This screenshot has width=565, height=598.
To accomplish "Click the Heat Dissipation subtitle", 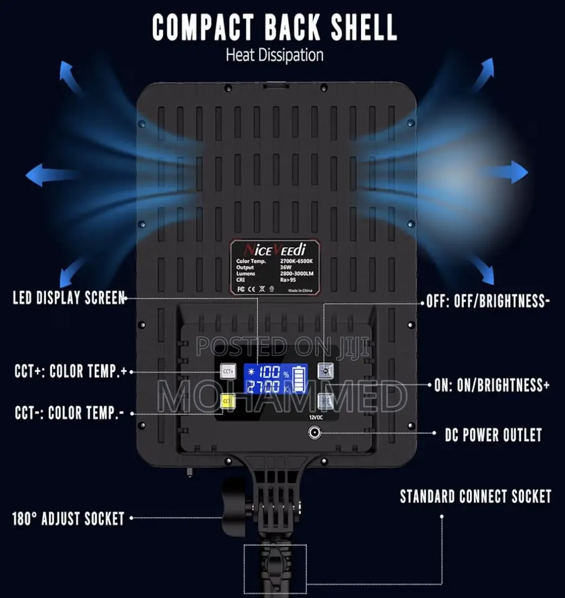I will click(274, 55).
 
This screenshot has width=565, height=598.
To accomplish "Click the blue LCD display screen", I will click(275, 380).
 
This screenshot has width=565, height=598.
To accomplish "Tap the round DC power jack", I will click(314, 433).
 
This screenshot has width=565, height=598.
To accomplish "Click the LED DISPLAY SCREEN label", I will click(69, 298).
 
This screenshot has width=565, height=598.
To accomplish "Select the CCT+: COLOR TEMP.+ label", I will click(71, 371).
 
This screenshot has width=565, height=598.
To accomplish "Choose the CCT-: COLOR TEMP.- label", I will click(69, 414).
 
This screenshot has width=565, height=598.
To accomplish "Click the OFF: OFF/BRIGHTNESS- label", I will click(488, 301).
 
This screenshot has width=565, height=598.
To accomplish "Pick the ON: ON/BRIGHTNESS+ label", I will click(492, 385).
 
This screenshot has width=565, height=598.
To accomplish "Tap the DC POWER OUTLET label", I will click(493, 434).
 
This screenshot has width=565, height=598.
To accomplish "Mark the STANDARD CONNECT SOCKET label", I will click(476, 496).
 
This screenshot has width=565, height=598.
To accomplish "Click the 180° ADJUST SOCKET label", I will click(68, 519).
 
